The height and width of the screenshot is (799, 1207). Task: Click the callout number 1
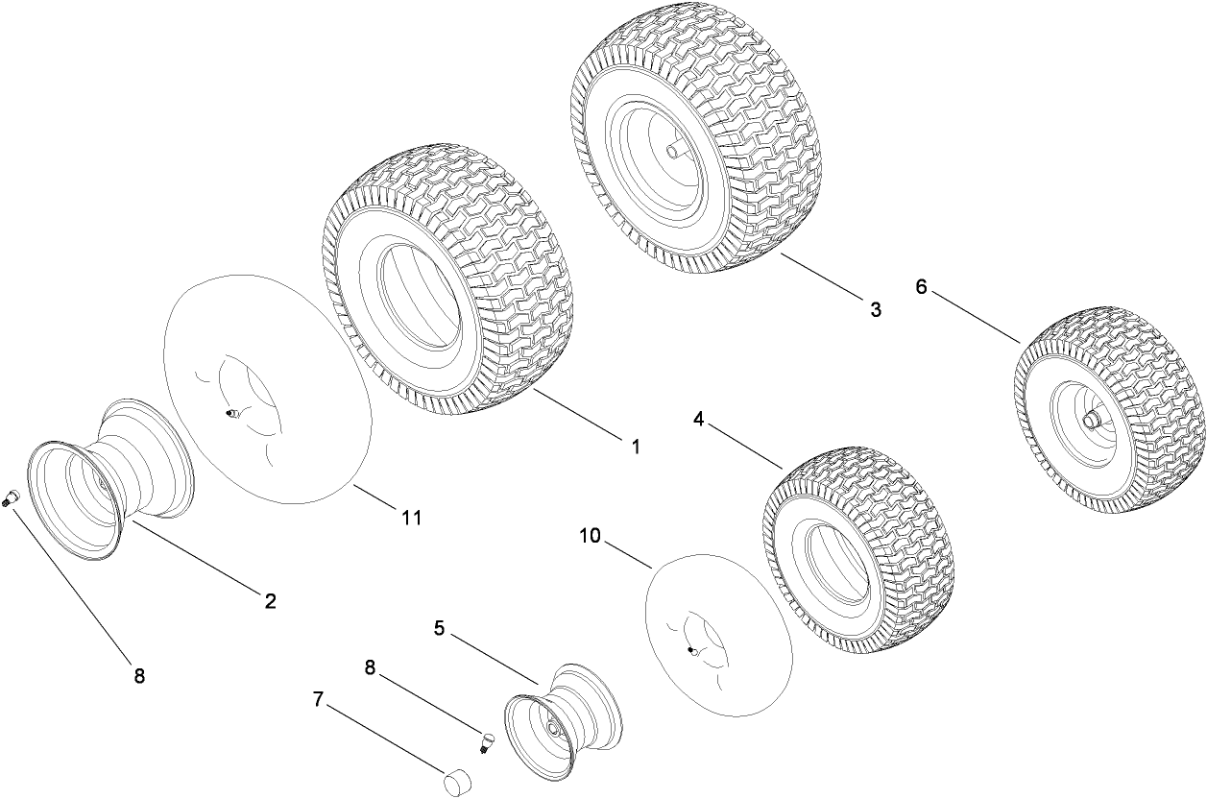pyautogui.click(x=635, y=447)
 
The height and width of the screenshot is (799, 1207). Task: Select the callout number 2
pyautogui.click(x=270, y=601)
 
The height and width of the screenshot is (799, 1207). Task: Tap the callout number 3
pyautogui.click(x=875, y=309)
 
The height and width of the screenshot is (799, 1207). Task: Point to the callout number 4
pyautogui.click(x=699, y=419)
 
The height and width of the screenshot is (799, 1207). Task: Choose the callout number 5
pyautogui.click(x=439, y=628)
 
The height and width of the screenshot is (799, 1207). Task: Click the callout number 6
pyautogui.click(x=921, y=286)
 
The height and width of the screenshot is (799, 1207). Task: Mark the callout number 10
pyautogui.click(x=590, y=536)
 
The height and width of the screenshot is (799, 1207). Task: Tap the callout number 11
pyautogui.click(x=411, y=518)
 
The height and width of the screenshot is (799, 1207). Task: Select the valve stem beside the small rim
pyautogui.click(x=486, y=742)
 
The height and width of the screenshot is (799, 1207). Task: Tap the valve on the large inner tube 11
pyautogui.click(x=230, y=414)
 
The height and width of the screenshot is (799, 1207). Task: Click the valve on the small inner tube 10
pyautogui.click(x=692, y=650)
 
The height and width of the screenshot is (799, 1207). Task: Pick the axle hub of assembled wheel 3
pyautogui.click(x=676, y=150)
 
